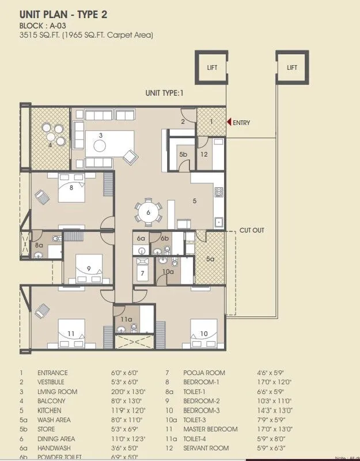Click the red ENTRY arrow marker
pyautogui.click(x=229, y=122)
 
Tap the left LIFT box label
pyautogui.click(x=212, y=68)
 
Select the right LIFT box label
pyautogui.click(x=293, y=68)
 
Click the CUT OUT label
pyautogui.click(x=252, y=230)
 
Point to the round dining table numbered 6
pyautogui.click(x=149, y=212)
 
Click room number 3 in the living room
pyautogui.click(x=101, y=136)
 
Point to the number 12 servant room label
pyautogui.click(x=204, y=154)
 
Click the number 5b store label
pyautogui.click(x=183, y=155)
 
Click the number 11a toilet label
pyautogui.click(x=127, y=319)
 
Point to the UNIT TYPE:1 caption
pyautogui.click(x=164, y=93)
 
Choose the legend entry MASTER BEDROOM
pyautogui.click(x=210, y=429)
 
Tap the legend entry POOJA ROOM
pyautogui.click(x=204, y=373)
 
